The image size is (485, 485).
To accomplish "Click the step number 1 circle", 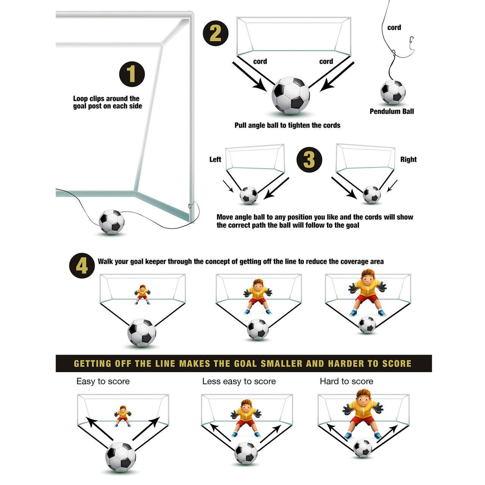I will pyautogui.click(x=132, y=74).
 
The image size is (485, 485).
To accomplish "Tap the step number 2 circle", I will pyautogui.click(x=215, y=33).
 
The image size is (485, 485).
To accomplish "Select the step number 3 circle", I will pyautogui.click(x=309, y=159).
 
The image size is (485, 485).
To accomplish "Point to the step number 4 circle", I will pyautogui.click(x=82, y=266).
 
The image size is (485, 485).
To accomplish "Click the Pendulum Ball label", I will pyautogui.click(x=392, y=111).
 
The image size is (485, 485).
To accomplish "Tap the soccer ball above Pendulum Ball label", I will pyautogui.click(x=393, y=92).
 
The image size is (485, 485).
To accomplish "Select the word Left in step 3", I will pyautogui.click(x=215, y=159).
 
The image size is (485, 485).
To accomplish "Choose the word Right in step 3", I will pyautogui.click(x=408, y=159).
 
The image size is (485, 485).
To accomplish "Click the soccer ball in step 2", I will pyautogui.click(x=291, y=95).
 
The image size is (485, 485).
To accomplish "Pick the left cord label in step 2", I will pyautogui.click(x=260, y=61).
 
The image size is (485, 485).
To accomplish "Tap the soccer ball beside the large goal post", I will pyautogui.click(x=112, y=221).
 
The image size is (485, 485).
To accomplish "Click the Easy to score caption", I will pyautogui.click(x=103, y=381).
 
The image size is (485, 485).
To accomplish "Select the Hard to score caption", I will pyautogui.click(x=346, y=381).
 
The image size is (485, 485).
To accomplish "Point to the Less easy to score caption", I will pyautogui.click(x=239, y=381).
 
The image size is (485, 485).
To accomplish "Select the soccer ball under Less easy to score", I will pyautogui.click(x=246, y=453).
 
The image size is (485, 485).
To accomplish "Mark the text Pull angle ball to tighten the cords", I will pyautogui.click(x=287, y=125).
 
